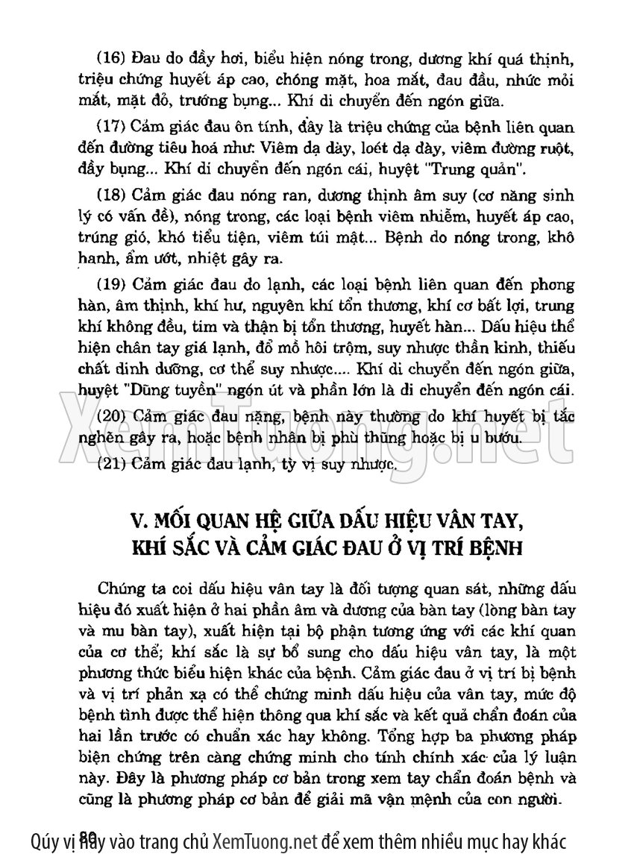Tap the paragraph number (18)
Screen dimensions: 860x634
click(113, 195)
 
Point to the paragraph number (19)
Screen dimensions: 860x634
click(113, 285)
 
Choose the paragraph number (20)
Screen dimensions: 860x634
click(113, 416)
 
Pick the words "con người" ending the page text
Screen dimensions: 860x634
click(521, 800)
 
